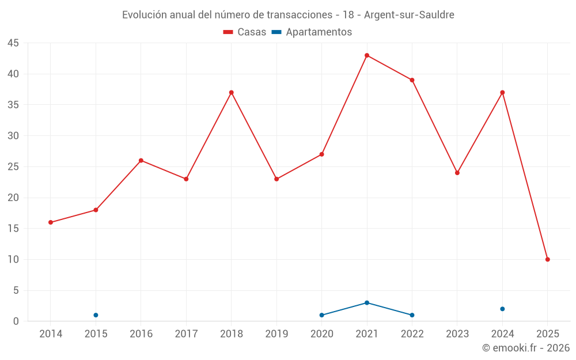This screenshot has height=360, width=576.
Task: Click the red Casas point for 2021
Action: coord(367,55)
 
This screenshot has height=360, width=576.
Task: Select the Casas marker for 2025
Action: coord(548,259)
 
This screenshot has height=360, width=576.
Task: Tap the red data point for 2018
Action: coord(232,92)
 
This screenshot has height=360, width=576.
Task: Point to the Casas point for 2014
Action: coord(51,222)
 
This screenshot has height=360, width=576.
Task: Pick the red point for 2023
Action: coord(457,173)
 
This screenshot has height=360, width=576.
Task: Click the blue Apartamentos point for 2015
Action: coord(96,315)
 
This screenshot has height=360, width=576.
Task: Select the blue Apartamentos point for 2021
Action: coord(367,302)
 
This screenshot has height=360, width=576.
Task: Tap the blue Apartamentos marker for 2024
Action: coord(502,309)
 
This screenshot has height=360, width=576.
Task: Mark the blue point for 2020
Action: coord(321,315)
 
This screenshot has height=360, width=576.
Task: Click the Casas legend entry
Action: coord(245,32)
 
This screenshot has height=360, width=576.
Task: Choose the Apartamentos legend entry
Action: coord(312,32)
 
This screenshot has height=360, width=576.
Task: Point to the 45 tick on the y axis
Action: coord(13,43)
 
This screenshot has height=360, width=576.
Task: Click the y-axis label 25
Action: coord(13,167)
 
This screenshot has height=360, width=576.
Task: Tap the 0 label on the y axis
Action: coord(16,321)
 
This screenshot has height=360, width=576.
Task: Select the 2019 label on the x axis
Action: coord(276,334)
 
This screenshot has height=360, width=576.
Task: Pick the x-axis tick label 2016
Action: coord(141,334)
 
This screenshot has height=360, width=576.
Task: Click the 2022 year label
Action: coord(412,334)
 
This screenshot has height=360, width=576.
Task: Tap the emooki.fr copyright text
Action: coord(526,348)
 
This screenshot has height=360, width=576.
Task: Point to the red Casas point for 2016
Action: coord(141,160)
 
